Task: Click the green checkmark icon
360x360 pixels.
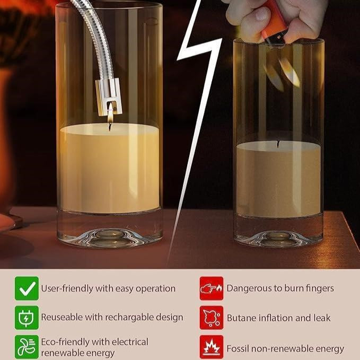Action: click(x=27, y=288)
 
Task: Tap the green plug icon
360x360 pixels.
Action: click(x=27, y=318)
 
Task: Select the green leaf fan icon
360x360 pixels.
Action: click(x=27, y=347)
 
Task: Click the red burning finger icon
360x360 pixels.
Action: click(x=212, y=288)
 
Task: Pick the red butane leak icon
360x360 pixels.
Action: click(x=212, y=318)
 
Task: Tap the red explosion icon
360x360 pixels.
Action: click(x=212, y=347)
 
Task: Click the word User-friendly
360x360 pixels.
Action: click(x=67, y=288)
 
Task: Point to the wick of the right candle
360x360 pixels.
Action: click(x=278, y=144)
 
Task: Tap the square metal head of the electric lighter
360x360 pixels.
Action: click(x=109, y=96)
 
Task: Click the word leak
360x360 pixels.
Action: click(x=322, y=318)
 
